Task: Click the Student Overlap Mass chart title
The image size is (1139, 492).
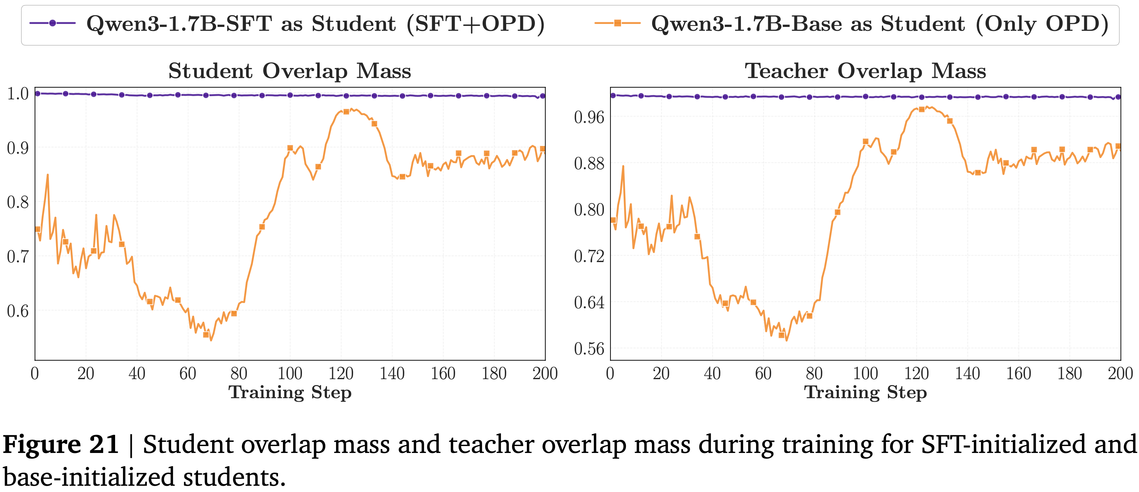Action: [290, 71]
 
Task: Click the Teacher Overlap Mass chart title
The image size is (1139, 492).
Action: [865, 71]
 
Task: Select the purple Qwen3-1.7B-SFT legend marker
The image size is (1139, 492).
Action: [52, 23]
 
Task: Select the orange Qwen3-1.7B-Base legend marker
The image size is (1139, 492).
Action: [618, 23]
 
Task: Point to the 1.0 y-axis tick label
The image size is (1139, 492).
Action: [18, 94]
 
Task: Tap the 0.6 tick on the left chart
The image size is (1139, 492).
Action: [18, 311]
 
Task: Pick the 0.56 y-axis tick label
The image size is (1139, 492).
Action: [589, 349]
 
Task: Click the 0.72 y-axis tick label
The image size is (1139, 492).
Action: [589, 256]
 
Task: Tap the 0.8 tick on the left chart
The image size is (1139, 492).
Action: [18, 202]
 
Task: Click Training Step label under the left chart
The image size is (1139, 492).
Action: [290, 392]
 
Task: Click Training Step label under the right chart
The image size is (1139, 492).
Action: [865, 392]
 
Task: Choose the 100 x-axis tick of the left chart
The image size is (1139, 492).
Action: [290, 374]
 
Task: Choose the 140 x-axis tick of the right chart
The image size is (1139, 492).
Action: [968, 374]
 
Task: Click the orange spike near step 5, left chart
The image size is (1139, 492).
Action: [47, 175]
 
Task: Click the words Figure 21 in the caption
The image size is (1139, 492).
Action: [61, 445]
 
